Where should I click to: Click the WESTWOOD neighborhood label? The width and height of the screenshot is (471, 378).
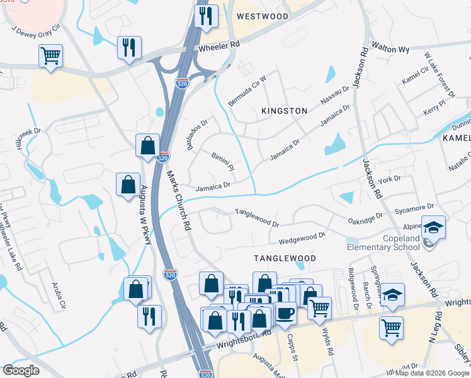point(263,16)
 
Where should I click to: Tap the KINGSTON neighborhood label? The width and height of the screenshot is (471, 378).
point(285,111)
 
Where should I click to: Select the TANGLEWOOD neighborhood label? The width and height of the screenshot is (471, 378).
point(285,258)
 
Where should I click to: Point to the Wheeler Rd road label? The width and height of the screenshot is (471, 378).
point(219,47)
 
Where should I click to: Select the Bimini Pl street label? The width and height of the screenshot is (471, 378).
point(222,161)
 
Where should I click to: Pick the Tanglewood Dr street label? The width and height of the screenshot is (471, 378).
point(257,218)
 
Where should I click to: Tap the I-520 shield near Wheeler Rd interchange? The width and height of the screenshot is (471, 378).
point(181,84)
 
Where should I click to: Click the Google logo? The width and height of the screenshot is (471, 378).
point(21,370)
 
